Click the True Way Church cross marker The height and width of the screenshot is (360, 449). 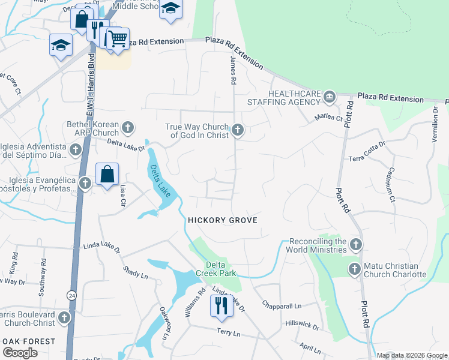(238, 129)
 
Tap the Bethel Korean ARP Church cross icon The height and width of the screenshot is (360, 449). (127, 127)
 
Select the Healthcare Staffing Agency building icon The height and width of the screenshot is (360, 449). (329, 97)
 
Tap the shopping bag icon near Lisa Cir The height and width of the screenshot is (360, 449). (107, 175)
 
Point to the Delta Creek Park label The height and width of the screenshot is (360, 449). (215, 269)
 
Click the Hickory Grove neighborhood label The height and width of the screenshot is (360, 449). (222, 221)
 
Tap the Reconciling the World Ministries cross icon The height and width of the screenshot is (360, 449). (356, 244)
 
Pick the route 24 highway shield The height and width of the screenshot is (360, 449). (71, 295)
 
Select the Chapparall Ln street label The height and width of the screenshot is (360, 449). (282, 305)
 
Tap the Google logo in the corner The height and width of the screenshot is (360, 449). (20, 353)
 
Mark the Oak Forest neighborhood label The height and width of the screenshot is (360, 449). (28, 341)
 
